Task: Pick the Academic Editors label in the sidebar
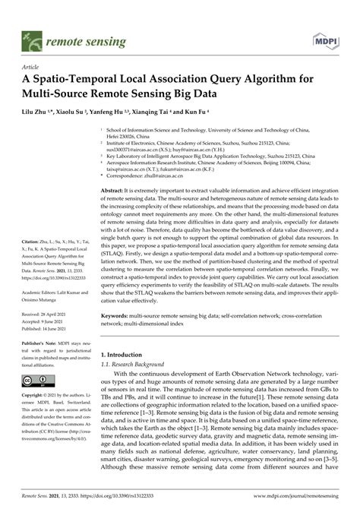(x=43, y=290)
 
